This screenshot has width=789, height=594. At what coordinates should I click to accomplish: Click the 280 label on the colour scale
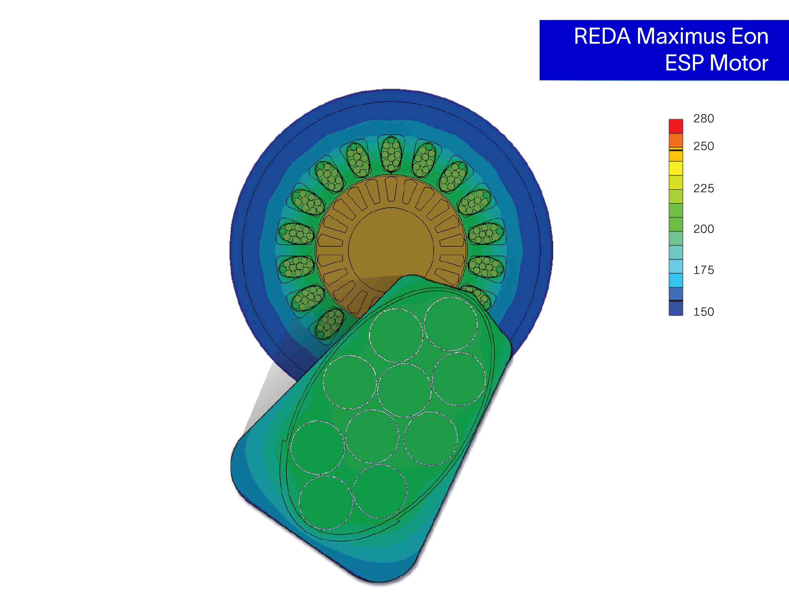click(703, 118)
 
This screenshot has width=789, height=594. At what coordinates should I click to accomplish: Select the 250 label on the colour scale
click(703, 146)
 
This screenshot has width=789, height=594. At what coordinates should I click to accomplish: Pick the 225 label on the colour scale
click(703, 188)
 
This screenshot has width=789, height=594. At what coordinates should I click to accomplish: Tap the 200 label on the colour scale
click(703, 229)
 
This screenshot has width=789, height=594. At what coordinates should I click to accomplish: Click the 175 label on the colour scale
click(703, 270)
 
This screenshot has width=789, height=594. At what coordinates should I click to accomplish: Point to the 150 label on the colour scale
click(703, 311)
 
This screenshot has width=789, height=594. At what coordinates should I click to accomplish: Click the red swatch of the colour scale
click(675, 126)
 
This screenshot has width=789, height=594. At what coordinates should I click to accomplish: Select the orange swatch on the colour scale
click(675, 140)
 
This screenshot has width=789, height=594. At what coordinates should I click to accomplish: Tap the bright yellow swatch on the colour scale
click(675, 168)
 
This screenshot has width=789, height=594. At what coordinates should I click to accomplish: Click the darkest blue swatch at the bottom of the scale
click(675, 309)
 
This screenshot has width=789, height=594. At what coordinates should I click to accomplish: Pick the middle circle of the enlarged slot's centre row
click(404, 390)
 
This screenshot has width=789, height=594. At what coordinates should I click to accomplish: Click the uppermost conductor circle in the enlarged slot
click(451, 323)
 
